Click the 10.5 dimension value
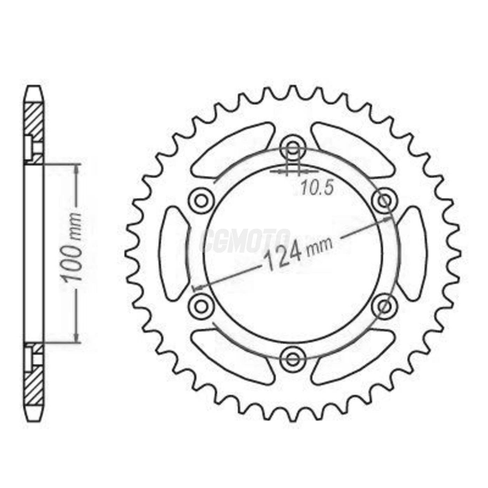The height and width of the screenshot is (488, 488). coord(317,188)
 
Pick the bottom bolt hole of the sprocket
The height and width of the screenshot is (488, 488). coord(293,358)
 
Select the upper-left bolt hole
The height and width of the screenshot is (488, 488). coord(201,200)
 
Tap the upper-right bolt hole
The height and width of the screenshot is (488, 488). coord(385,200)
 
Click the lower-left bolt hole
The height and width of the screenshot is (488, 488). coord(201,306)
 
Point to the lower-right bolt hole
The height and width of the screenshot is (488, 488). coord(385,306)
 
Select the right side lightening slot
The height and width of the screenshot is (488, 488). coord(412,253)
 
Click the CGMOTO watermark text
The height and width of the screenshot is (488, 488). coord(246,241)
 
